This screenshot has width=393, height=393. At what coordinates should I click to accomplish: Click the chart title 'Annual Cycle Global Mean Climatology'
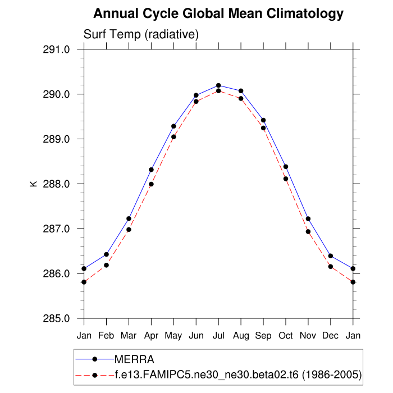pyautogui.click(x=218, y=13)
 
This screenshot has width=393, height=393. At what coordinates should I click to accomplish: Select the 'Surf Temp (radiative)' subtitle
pyautogui.click(x=141, y=34)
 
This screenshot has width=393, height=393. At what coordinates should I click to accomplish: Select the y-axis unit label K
pyautogui.click(x=34, y=184)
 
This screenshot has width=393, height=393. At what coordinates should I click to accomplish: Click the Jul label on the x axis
pyautogui.click(x=218, y=336)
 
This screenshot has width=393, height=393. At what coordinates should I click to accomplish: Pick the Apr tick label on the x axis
pyautogui.click(x=151, y=336)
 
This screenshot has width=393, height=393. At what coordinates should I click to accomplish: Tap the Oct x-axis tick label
pyautogui.click(x=286, y=336)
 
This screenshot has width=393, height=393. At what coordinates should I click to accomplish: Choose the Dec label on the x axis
pyautogui.click(x=331, y=336)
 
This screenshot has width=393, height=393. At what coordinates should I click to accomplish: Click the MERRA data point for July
pyautogui.click(x=218, y=85)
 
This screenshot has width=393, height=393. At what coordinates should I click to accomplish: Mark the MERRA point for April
pyautogui.click(x=151, y=170)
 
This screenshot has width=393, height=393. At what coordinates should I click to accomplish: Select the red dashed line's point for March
pyautogui.click(x=129, y=230)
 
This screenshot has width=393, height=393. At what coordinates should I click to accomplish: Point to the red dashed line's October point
pyautogui.click(x=286, y=179)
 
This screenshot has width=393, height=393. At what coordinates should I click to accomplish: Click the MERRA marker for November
pyautogui.click(x=308, y=219)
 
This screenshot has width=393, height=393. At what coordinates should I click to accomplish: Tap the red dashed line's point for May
pyautogui.click(x=173, y=137)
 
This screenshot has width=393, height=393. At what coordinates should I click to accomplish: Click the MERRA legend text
pyautogui.click(x=134, y=359)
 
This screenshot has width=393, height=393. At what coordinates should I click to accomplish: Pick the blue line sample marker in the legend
pyautogui.click(x=95, y=359)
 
